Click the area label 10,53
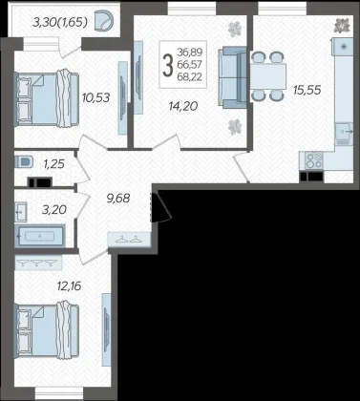coord(95,97)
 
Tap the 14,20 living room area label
coord(183,106)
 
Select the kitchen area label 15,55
coord(307,90)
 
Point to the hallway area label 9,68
coord(118,198)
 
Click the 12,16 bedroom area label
coord(69,285)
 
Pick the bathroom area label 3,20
coord(54,209)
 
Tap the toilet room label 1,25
coord(54,164)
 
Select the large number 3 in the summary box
coord(168,65)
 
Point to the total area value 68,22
coord(190,76)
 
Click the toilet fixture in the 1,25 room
coord(24,161)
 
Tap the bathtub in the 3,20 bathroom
coord(40,236)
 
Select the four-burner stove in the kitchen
coord(314,160)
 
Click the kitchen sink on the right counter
coord(344,131)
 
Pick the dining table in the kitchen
coord(267,76)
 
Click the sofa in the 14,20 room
coord(232,77)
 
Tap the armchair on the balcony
coord(104,21)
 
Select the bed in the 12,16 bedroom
coord(47,330)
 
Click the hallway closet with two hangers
coord(129,240)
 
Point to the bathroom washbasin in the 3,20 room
coord(21,212)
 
